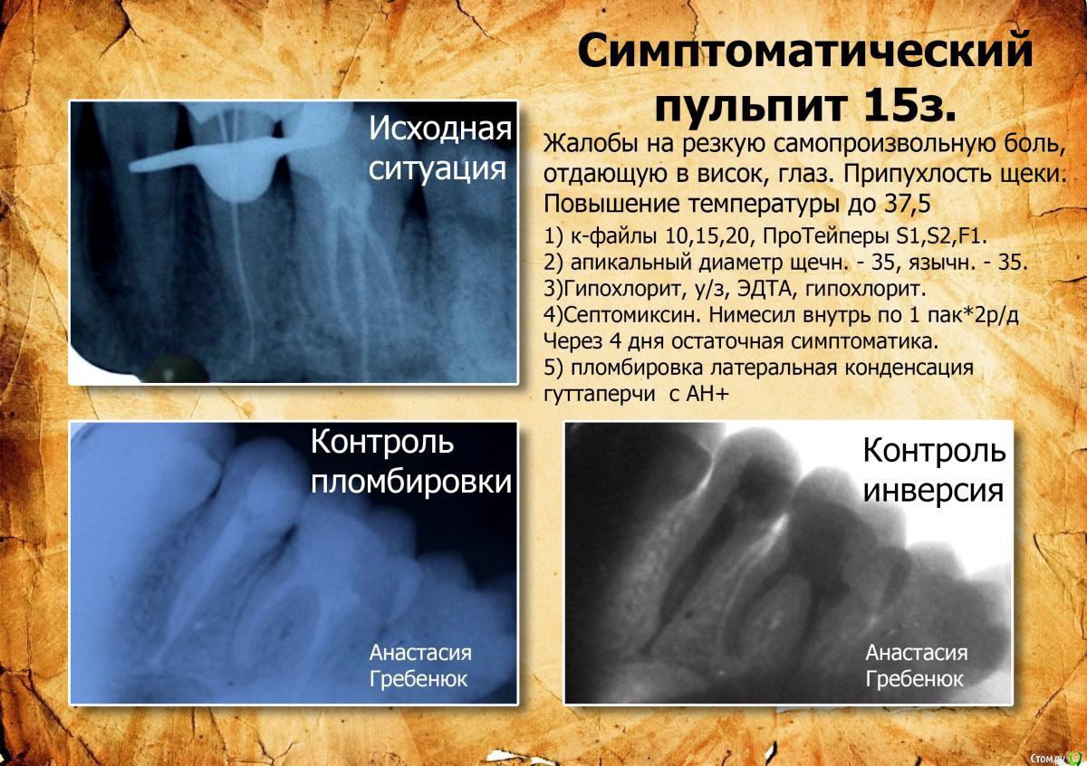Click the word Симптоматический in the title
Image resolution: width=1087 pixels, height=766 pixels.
pos(805,53)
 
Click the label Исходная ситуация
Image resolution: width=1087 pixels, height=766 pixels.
pos(439,148)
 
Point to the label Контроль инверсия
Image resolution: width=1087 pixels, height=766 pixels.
pos(933,470)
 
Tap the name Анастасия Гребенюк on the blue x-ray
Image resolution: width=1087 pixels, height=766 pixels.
pos(420,665)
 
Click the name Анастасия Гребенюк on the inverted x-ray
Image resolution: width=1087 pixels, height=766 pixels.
pos(916,665)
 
